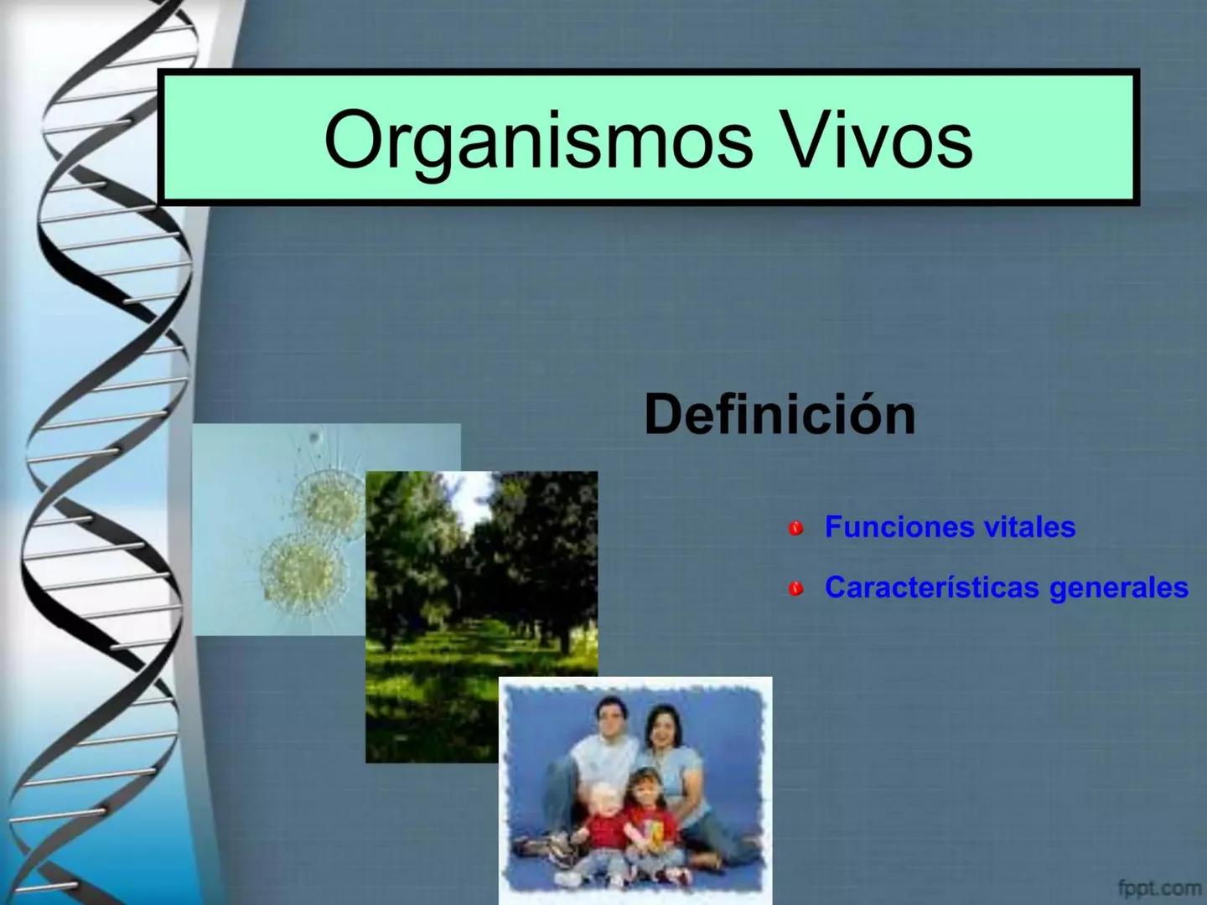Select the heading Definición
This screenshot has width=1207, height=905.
click(780, 414)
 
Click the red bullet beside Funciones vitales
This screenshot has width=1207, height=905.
click(795, 528)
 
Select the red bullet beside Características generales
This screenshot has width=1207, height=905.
click(795, 589)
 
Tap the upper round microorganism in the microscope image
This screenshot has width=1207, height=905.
click(329, 501)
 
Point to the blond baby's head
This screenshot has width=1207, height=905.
click(601, 797)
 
